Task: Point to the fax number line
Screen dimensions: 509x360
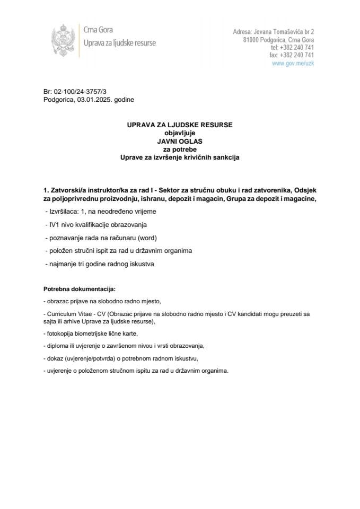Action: [292, 55]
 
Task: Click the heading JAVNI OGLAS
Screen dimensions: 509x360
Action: [180, 142]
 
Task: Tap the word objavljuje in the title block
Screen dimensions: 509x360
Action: [180, 134]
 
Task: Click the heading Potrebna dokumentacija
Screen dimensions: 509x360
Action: [79, 289]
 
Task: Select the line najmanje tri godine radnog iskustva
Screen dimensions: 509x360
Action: [100, 264]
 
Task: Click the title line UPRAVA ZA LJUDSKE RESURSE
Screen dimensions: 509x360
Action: [180, 126]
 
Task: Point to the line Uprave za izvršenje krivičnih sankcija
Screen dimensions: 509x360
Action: [180, 157]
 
